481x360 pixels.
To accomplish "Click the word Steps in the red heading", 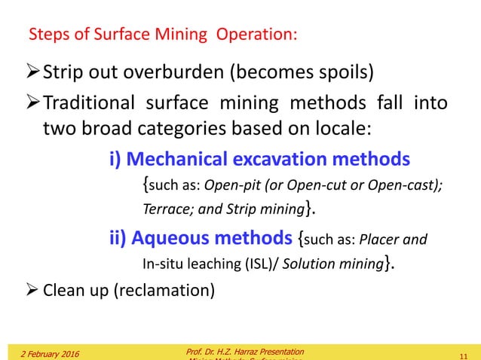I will [x=46, y=35].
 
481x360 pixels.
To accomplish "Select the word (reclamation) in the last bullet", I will [x=164, y=290].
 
